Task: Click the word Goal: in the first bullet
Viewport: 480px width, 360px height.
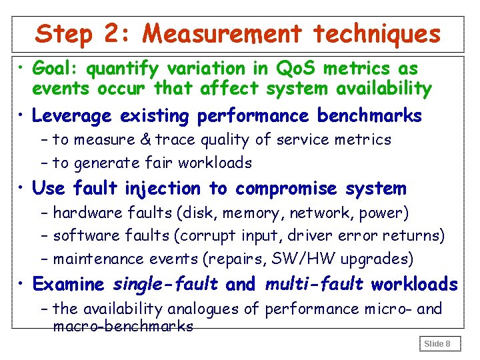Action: point(55,69)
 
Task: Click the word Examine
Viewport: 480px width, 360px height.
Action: point(69,285)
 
